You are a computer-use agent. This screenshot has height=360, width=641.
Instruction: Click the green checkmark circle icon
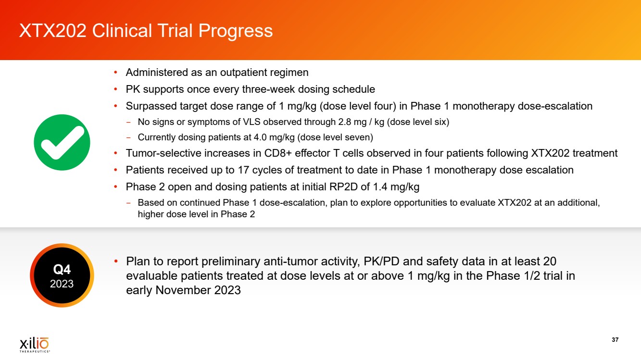pyautogui.click(x=62, y=142)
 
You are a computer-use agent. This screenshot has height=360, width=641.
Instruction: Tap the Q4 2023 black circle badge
pyautogui.click(x=62, y=275)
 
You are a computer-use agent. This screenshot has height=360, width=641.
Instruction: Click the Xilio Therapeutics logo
pyautogui.click(x=35, y=345)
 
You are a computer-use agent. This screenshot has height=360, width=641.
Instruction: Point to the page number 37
pyautogui.click(x=615, y=340)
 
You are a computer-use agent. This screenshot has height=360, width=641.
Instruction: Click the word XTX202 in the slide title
pyautogui.click(x=52, y=31)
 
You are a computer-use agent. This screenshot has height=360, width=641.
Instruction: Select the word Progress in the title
pyautogui.click(x=235, y=31)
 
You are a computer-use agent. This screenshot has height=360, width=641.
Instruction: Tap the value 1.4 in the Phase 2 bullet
pyautogui.click(x=380, y=187)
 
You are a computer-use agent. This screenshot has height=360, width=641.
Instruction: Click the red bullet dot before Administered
pyautogui.click(x=115, y=73)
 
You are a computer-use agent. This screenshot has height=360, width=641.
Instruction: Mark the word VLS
pyautogui.click(x=251, y=122)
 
